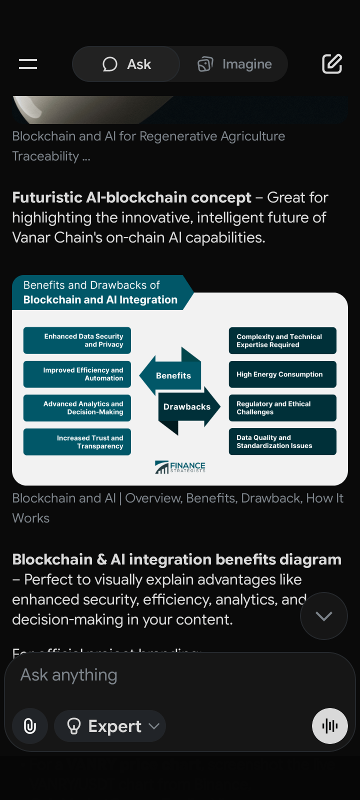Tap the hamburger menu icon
28,64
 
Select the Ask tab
126,64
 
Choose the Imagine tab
234,64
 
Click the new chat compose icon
332,64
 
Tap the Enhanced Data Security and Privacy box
77,340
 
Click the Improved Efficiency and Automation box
77,374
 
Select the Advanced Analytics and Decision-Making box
77,408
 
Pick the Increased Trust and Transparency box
77,442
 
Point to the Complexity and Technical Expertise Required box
282,340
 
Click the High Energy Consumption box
282,374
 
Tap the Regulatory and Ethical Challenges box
282,408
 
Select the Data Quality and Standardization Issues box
282,442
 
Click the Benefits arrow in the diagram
172,375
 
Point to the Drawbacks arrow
187,407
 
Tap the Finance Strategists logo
180,467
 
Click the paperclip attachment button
30,726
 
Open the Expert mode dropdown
110,726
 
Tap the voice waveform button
330,726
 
